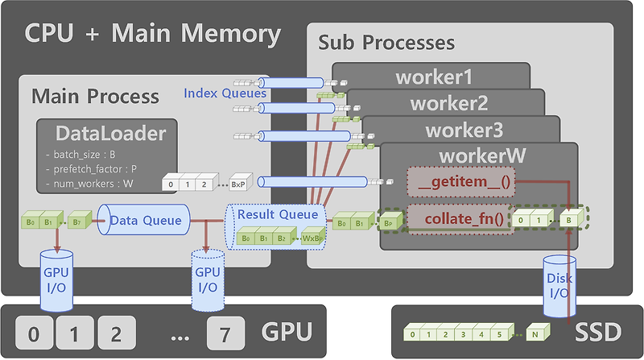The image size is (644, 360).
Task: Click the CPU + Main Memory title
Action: (153, 34)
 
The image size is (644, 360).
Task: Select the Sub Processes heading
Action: (386, 42)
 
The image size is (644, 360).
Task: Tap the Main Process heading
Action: (95, 97)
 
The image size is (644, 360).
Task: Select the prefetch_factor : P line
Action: (93, 169)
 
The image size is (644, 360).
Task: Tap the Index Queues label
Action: (225, 93)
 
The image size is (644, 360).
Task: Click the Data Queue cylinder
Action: (145, 220)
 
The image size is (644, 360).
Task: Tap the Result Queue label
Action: (276, 214)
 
